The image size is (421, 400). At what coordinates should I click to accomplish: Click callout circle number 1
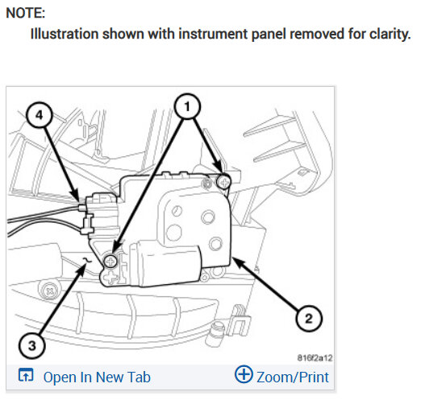pyautogui.click(x=187, y=106)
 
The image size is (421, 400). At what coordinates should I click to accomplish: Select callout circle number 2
pyautogui.click(x=309, y=319)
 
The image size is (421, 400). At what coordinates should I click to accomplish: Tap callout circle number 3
pyautogui.click(x=32, y=345)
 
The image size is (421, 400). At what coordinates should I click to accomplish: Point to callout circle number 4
pyautogui.click(x=40, y=115)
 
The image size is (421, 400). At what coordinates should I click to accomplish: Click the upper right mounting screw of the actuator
pyautogui.click(x=223, y=183)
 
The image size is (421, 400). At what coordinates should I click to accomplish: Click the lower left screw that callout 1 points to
pyautogui.click(x=110, y=261)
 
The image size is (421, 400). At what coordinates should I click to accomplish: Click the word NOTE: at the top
pyautogui.click(x=26, y=13)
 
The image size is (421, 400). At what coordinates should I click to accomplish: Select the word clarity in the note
pyautogui.click(x=390, y=34)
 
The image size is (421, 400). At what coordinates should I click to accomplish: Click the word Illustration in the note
pyautogui.click(x=65, y=34)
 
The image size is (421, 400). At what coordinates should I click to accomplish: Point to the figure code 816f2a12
pyautogui.click(x=315, y=357)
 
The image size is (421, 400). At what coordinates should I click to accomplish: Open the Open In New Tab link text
pyautogui.click(x=97, y=377)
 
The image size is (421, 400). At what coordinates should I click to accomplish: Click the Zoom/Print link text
pyautogui.click(x=293, y=377)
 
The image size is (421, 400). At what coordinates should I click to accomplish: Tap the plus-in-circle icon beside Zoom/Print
pyautogui.click(x=244, y=374)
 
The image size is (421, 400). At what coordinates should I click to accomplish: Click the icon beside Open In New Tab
pyautogui.click(x=26, y=375)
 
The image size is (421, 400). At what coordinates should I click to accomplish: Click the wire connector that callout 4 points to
pyautogui.click(x=102, y=213)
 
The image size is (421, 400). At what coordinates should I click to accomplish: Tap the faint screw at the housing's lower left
pyautogui.click(x=49, y=291)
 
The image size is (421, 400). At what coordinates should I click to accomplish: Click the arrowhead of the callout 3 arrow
pyautogui.click(x=81, y=269)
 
